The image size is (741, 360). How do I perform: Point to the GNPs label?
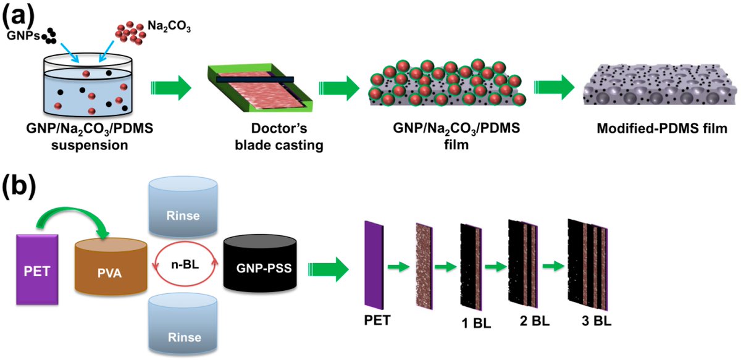point(21,36)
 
